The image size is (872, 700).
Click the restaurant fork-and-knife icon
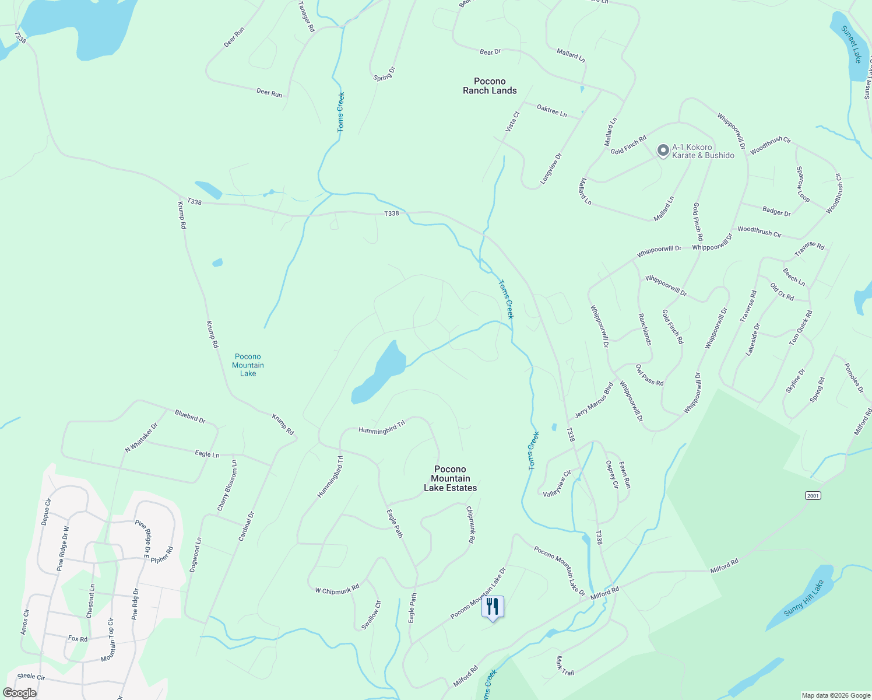(x=493, y=607)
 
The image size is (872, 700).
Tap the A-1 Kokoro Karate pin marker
(x=663, y=150)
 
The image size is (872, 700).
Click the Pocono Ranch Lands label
(x=490, y=86)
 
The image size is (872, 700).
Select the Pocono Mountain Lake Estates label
(x=450, y=478)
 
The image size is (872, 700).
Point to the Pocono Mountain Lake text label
(x=248, y=365)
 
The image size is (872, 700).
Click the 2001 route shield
(x=813, y=495)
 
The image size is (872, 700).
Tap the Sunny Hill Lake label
(x=804, y=598)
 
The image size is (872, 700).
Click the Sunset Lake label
(x=851, y=44)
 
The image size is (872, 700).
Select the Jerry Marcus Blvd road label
(x=594, y=400)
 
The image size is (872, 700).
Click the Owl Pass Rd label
(x=649, y=375)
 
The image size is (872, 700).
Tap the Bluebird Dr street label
(x=190, y=416)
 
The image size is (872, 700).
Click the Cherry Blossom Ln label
(x=227, y=486)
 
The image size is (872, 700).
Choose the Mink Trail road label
(x=564, y=666)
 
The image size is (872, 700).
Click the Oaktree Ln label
(x=551, y=111)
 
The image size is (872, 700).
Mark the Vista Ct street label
(x=512, y=122)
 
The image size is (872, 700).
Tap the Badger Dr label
(x=776, y=211)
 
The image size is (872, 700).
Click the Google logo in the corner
(x=19, y=692)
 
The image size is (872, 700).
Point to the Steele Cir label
(x=31, y=677)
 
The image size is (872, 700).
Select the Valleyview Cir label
(x=557, y=484)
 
